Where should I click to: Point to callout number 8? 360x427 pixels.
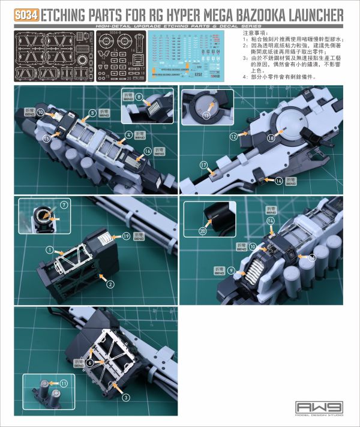139,96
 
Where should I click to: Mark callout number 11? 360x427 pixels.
63,383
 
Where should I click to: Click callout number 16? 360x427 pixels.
148,153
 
